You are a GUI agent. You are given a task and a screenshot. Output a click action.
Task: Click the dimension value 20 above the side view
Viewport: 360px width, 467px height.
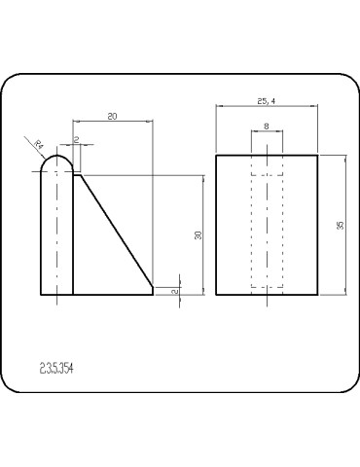coord(113,116)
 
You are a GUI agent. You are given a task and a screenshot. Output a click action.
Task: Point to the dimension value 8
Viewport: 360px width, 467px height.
coord(267,127)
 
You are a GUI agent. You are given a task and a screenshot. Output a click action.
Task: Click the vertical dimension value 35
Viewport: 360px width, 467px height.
coord(340,225)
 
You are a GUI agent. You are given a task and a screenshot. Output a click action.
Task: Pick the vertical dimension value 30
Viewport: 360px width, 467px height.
coord(198,235)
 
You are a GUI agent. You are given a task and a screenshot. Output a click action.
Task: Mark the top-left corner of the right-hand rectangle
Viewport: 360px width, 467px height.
coord(215,155)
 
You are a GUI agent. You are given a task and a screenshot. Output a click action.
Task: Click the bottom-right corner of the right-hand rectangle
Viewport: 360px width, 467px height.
coord(319,294)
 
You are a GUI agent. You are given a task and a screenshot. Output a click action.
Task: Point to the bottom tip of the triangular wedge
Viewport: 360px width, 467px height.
coord(154,285)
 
